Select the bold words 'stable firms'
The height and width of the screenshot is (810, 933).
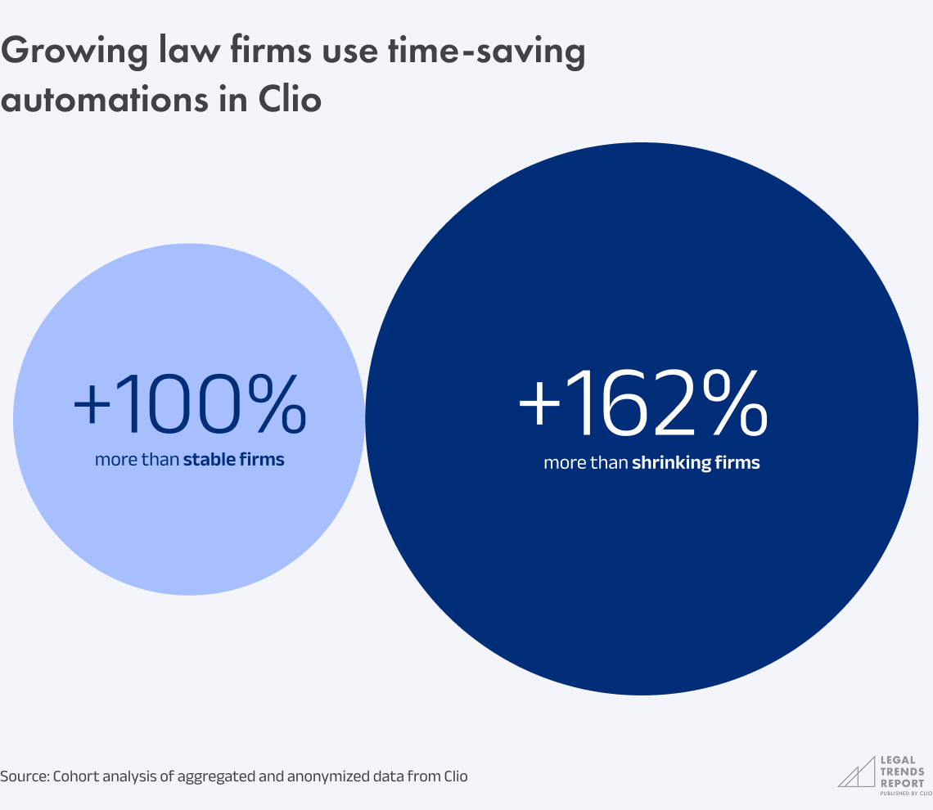[233, 460]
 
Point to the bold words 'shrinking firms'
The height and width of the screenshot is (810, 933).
[696, 463]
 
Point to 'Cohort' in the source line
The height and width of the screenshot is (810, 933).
[75, 776]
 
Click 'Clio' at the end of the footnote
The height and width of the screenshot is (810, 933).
[454, 776]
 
